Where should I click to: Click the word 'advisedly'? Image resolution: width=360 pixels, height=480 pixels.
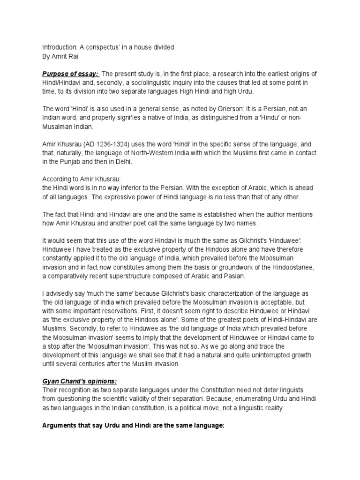tap(63, 293)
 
